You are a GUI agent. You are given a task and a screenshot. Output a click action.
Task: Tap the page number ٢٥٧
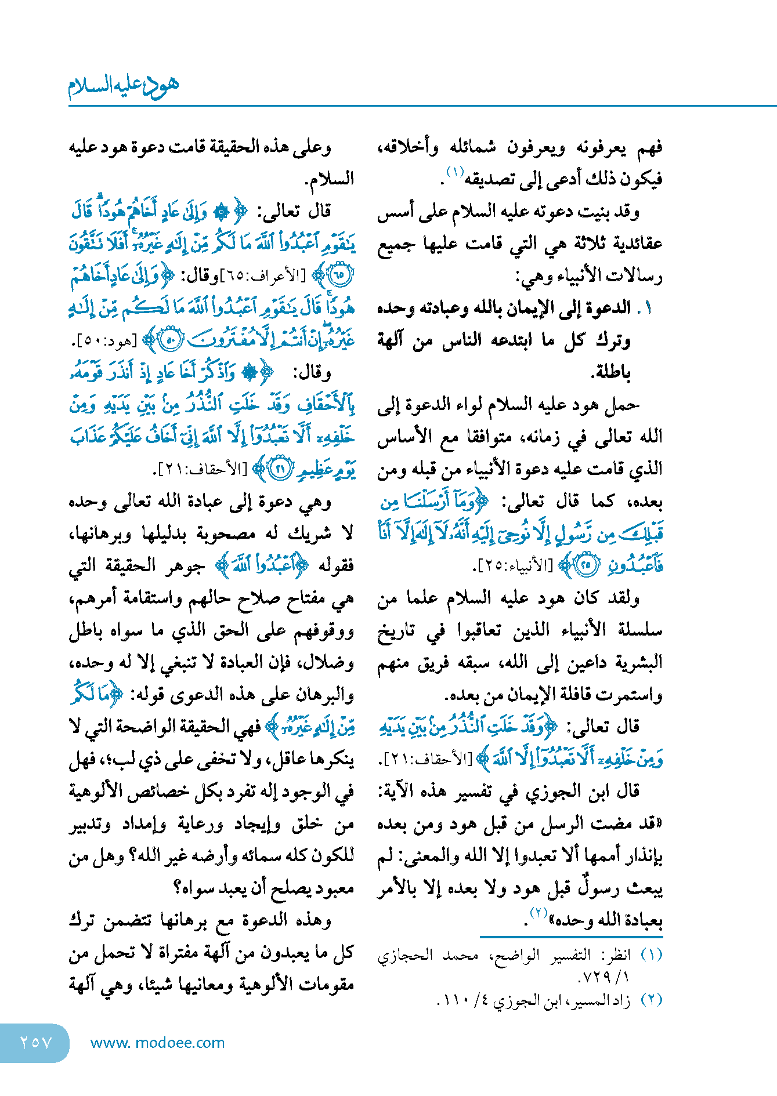pyautogui.click(x=36, y=1042)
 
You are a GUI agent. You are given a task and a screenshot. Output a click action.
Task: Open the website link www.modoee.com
pyautogui.click(x=158, y=1043)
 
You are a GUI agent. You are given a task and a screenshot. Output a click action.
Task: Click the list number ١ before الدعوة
pyautogui.click(x=649, y=308)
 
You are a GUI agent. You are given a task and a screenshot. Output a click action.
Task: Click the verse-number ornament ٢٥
pyautogui.click(x=587, y=565)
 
